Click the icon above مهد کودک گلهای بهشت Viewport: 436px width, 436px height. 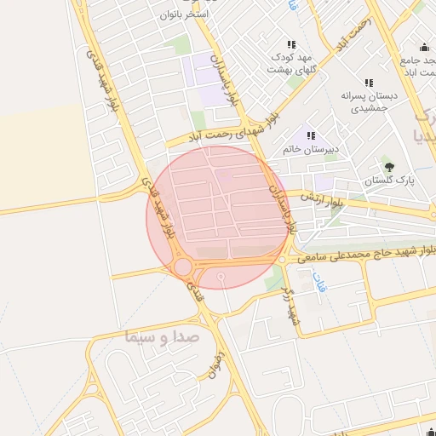[291, 44]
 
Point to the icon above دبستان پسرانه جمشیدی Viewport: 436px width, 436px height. [368, 83]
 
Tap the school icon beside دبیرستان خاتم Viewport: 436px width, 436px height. [312, 135]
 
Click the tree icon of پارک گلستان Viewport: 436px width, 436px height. [390, 167]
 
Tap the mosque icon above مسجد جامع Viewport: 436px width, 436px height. [424, 47]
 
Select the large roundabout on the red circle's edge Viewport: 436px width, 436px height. [183, 267]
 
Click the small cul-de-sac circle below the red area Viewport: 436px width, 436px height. [221, 277]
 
